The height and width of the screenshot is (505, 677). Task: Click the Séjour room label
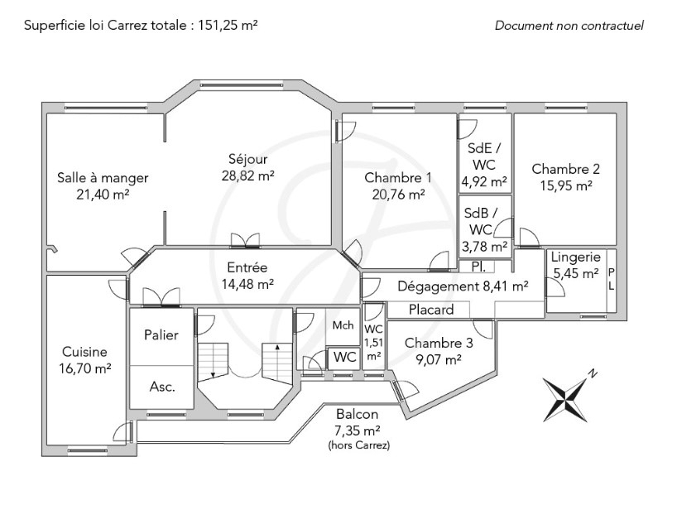(x=248, y=159)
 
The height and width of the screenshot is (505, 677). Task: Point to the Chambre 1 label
(x=398, y=177)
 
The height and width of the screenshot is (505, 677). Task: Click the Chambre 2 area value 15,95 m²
(x=566, y=185)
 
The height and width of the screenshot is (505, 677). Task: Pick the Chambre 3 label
(x=439, y=343)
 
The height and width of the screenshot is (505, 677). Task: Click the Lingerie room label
(x=575, y=257)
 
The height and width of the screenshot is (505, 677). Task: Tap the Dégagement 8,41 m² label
(x=463, y=286)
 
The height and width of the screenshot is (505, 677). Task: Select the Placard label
(x=432, y=310)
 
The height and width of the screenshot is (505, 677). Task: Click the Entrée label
(x=247, y=267)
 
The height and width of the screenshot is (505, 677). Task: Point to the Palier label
(x=161, y=335)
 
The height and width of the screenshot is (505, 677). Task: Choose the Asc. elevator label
(x=162, y=387)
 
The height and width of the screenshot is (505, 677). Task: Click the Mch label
(x=343, y=325)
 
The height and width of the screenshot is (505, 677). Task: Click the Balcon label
(x=357, y=415)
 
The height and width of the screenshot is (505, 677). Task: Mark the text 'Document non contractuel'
(x=569, y=25)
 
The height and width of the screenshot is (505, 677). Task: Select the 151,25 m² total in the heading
(x=225, y=25)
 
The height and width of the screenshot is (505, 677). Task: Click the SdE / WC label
(x=485, y=157)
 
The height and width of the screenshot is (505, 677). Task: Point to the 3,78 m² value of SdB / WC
(x=485, y=246)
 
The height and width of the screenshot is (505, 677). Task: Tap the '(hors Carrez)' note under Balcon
(x=357, y=445)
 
